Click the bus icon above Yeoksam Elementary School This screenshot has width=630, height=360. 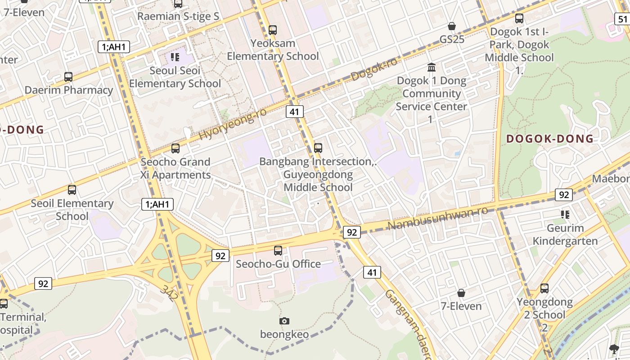(x=273, y=30)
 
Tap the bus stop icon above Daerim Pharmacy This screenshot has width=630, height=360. (x=68, y=77)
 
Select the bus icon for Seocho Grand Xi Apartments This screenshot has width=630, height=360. (x=175, y=148)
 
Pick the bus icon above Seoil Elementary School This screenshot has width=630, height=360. (x=72, y=190)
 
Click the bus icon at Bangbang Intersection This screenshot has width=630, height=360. (x=318, y=148)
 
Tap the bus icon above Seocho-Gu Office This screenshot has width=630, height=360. (x=278, y=251)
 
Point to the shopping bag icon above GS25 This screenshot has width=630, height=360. (x=452, y=27)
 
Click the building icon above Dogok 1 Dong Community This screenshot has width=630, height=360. (x=432, y=67)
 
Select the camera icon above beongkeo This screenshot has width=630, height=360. (x=284, y=321)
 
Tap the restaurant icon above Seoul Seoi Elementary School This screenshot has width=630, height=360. (x=175, y=57)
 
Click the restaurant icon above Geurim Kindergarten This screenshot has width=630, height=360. (x=565, y=215)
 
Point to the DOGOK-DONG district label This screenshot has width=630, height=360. (x=550, y=139)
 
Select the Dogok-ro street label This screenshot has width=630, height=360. (x=374, y=69)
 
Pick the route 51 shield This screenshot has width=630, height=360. (x=622, y=19)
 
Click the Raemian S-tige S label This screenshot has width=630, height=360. (x=178, y=17)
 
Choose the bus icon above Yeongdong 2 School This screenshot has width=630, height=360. (x=544, y=288)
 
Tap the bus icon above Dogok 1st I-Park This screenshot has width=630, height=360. (x=519, y=18)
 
